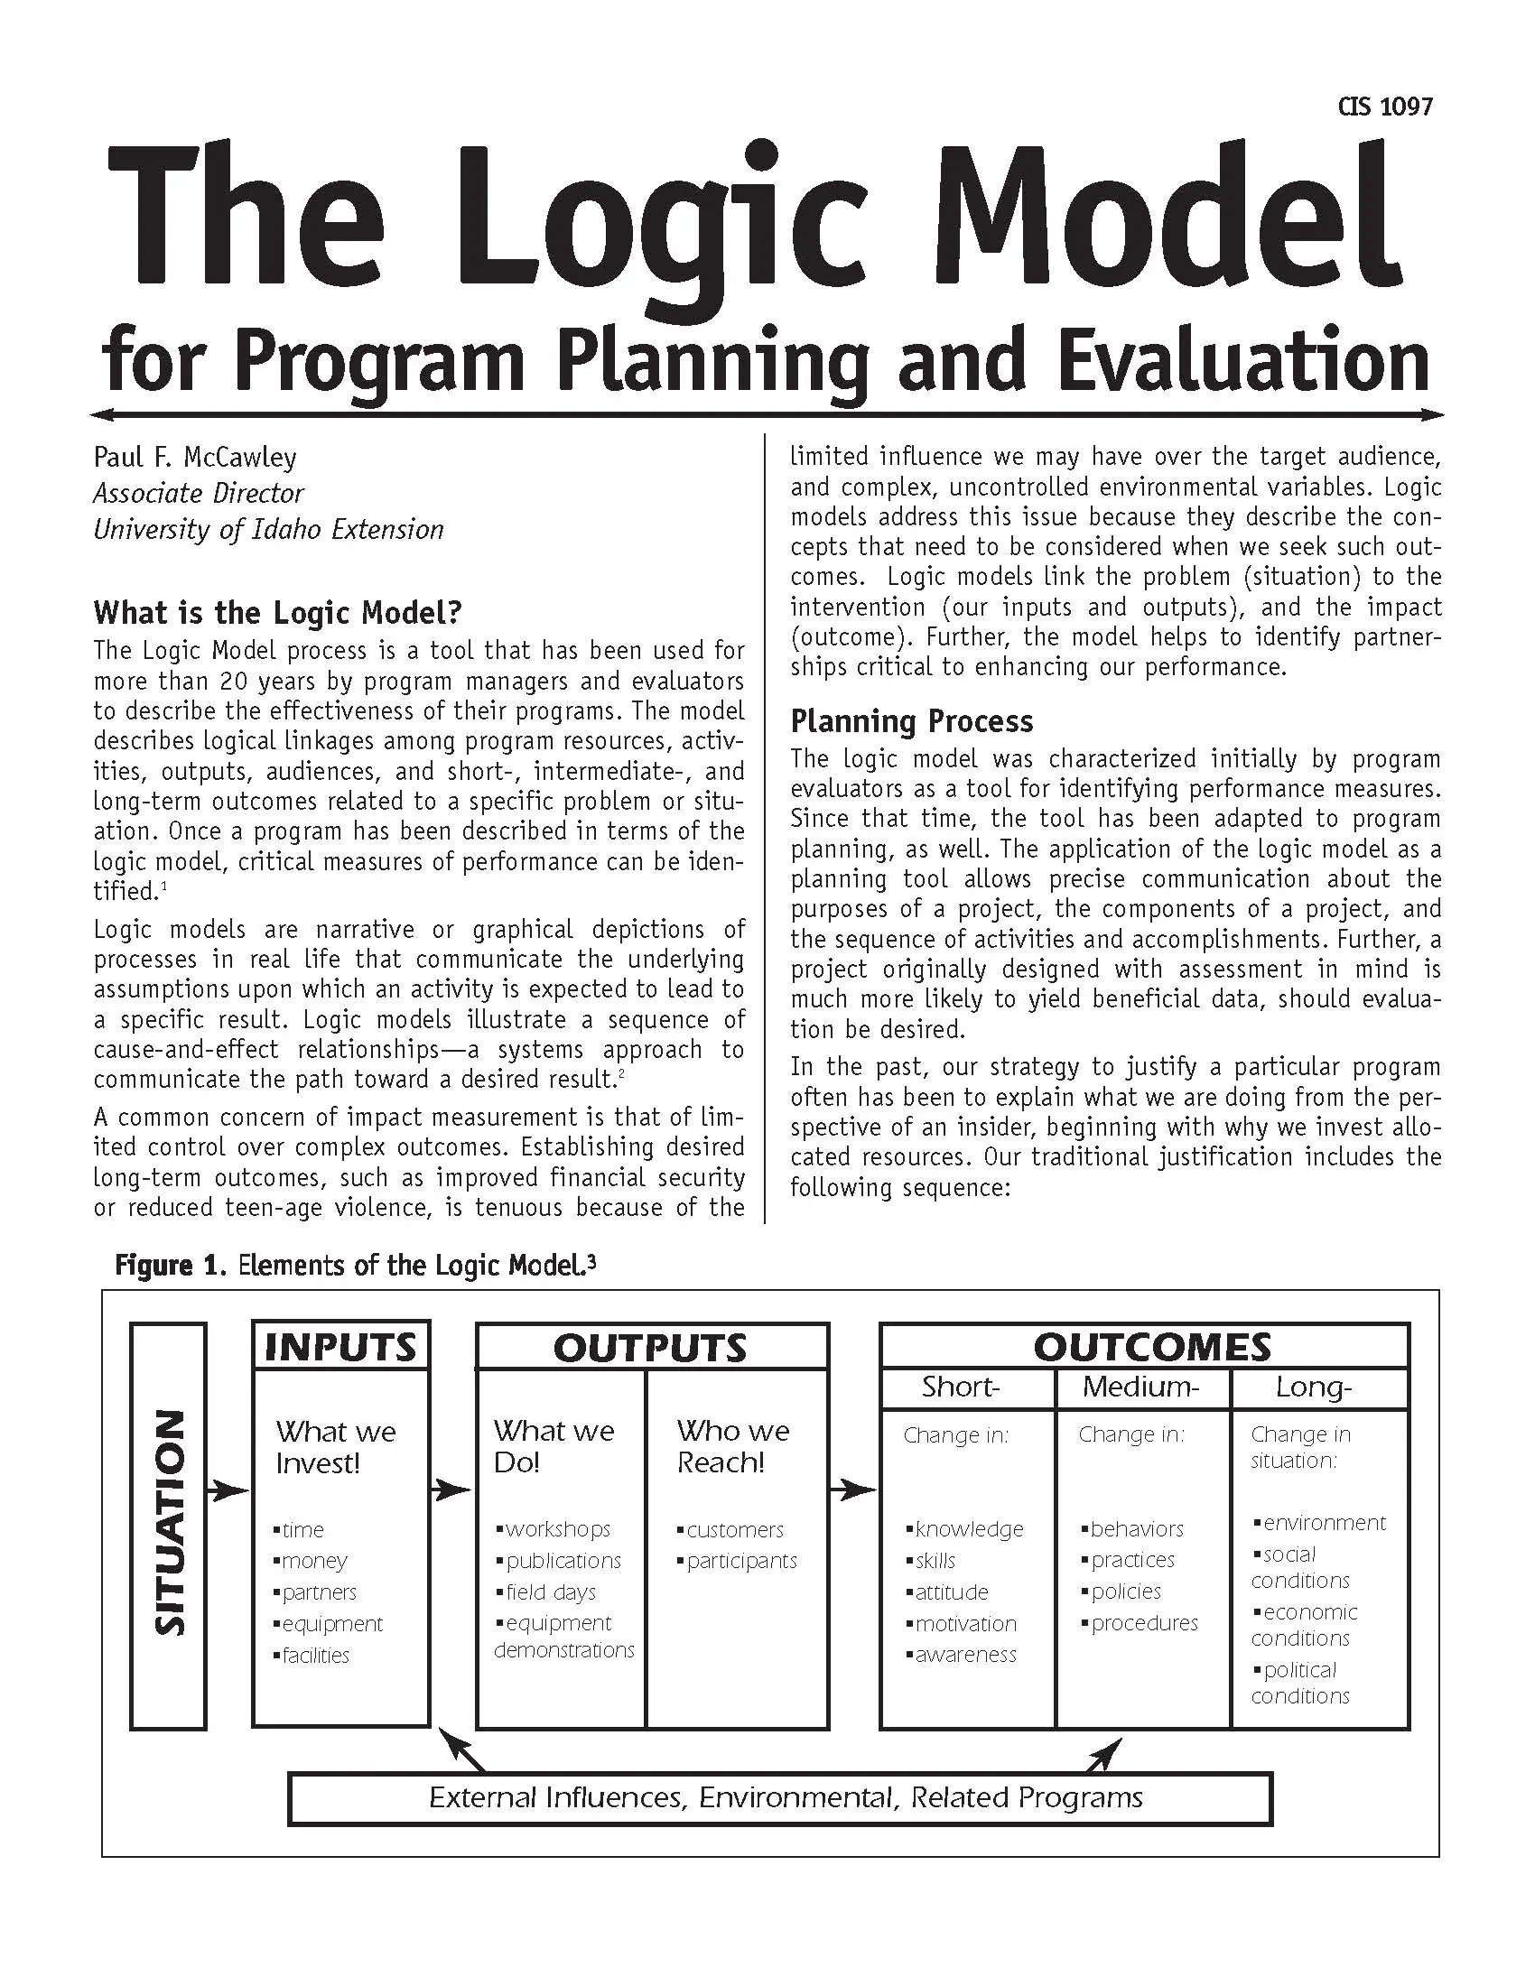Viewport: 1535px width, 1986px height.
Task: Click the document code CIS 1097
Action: [x=1385, y=107]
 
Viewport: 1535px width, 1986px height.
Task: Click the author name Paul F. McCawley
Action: [x=195, y=457]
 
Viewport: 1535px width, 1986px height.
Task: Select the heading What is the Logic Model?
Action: [x=277, y=612]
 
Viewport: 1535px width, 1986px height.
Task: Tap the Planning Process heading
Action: [x=911, y=721]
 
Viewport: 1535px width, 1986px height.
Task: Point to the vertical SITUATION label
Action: [x=169, y=1524]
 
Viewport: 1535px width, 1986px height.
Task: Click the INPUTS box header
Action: [x=340, y=1347]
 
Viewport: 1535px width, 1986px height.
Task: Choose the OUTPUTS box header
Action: [x=650, y=1348]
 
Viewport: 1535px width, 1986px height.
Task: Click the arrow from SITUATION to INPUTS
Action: [x=228, y=1490]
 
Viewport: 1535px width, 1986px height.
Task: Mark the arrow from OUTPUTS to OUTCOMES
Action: [x=853, y=1489]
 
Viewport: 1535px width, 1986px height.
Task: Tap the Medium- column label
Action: [x=1141, y=1387]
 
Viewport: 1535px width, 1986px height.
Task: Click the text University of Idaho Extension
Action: [x=268, y=529]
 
